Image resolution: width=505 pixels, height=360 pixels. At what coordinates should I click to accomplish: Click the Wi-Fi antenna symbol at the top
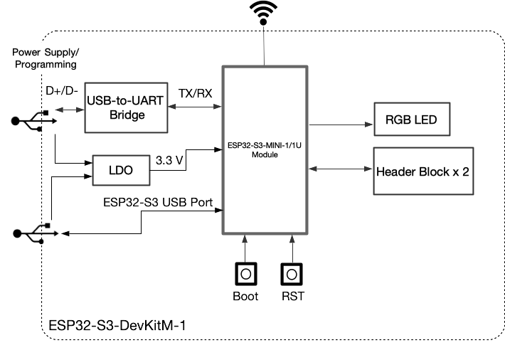[x=265, y=12]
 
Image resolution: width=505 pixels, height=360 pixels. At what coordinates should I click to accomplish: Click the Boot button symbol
[x=245, y=274]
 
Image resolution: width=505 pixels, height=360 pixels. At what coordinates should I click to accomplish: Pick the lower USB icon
[x=31, y=233]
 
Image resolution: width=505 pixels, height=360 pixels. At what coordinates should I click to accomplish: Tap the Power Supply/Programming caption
[x=44, y=58]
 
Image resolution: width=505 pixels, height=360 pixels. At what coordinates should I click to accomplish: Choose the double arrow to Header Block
[x=341, y=169]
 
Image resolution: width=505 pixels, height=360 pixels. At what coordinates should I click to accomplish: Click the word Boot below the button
[x=245, y=296]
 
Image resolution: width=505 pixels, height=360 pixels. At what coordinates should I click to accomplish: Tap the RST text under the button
[x=292, y=296]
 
